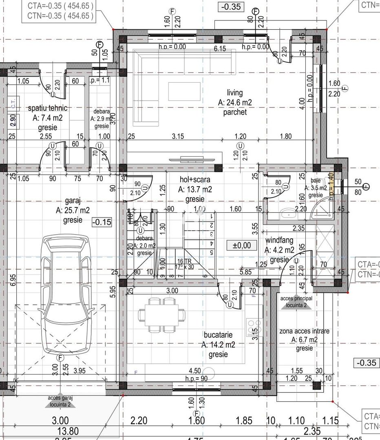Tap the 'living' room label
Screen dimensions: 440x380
(235, 93)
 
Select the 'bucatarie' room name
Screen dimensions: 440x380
(218, 334)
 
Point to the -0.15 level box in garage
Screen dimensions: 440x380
(102, 222)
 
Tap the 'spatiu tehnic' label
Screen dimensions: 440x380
(47, 108)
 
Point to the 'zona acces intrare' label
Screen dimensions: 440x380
(304, 331)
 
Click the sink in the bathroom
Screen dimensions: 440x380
(289, 213)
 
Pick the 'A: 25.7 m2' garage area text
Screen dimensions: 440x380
(73, 210)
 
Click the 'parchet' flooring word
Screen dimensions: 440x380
(235, 112)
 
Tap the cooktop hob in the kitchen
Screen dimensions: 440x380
(250, 326)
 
